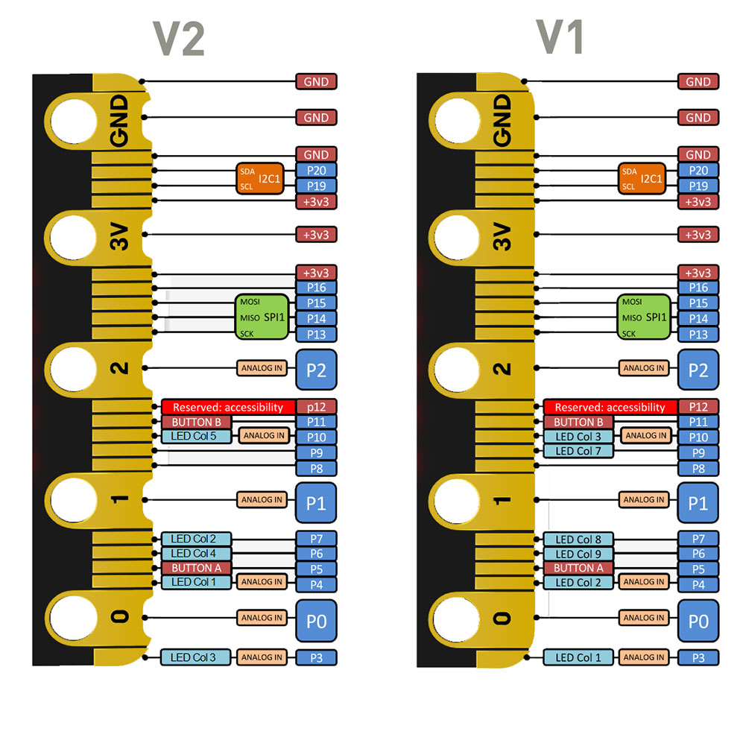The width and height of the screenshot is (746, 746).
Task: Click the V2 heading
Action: click(179, 38)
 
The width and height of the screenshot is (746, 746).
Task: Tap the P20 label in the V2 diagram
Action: click(317, 170)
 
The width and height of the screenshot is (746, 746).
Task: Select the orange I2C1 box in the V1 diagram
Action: click(642, 179)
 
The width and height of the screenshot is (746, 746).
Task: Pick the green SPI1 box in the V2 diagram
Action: click(262, 318)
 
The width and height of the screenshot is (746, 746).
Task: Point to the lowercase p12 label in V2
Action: click(317, 407)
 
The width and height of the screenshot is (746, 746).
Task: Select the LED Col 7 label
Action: click(578, 451)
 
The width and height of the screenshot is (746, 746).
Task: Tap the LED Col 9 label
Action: click(578, 554)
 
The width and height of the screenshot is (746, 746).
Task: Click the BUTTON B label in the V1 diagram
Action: click(578, 422)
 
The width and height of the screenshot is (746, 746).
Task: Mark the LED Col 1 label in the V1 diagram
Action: click(578, 657)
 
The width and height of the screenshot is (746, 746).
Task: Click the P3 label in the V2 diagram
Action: click(317, 657)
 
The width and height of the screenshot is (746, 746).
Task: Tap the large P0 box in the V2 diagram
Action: click(317, 620)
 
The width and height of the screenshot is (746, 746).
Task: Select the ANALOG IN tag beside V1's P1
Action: click(644, 500)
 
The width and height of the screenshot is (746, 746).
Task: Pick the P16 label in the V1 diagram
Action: click(698, 288)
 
